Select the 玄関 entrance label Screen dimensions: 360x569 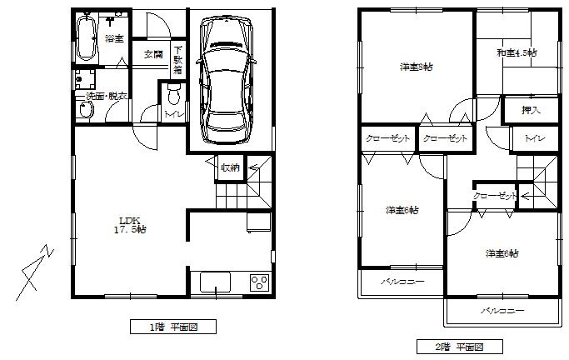(152, 55)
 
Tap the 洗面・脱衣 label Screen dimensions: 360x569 (107, 97)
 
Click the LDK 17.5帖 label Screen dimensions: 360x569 (131, 224)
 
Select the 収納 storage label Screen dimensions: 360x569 (230, 167)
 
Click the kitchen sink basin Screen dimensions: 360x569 (216, 282)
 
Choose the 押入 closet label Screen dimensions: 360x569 (530, 109)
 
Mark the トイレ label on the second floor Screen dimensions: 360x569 (534, 138)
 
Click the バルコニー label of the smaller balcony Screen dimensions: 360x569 (402, 282)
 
